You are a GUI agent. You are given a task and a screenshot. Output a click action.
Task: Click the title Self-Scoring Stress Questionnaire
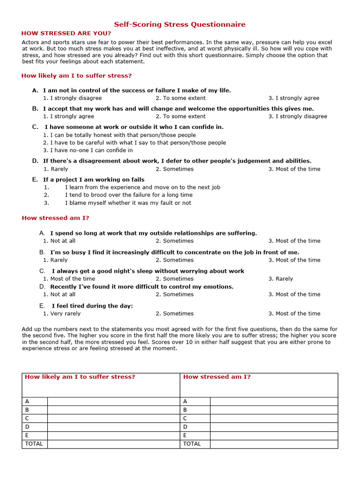pyautogui.click(x=180, y=24)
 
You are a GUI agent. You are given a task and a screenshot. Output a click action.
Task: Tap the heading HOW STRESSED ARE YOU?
pyautogui.click(x=67, y=33)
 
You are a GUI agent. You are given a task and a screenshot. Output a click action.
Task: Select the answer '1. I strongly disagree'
pyautogui.click(x=72, y=98)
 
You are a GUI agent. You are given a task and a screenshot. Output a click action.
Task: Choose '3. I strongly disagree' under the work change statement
pyautogui.click(x=298, y=116)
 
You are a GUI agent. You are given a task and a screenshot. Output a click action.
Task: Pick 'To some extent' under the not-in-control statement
pyautogui.click(x=180, y=98)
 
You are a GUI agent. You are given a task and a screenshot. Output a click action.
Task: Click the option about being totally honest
pyautogui.click(x=120, y=135)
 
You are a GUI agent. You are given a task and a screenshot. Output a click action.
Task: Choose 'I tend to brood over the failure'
pyautogui.click(x=128, y=195)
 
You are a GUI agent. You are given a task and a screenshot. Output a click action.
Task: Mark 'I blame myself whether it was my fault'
pyautogui.click(x=128, y=203)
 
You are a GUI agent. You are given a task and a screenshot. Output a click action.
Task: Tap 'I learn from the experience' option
pyautogui.click(x=142, y=187)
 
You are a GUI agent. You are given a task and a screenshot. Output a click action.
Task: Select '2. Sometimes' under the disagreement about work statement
pyautogui.click(x=174, y=169)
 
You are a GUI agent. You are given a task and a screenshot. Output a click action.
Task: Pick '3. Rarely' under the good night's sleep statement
pyautogui.click(x=280, y=278)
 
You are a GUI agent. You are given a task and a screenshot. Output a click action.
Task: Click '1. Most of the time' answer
pyautogui.click(x=69, y=278)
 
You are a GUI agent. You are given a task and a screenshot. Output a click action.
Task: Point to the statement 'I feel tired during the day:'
pyautogui.click(x=92, y=306)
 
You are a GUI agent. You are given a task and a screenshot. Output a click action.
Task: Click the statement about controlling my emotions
pyautogui.click(x=142, y=286)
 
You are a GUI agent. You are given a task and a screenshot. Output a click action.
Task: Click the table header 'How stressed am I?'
pyautogui.click(x=217, y=377)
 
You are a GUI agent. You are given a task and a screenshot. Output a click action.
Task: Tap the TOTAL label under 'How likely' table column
pyautogui.click(x=34, y=443)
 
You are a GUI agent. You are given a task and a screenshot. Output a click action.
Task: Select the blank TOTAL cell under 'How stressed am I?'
pyautogui.click(x=273, y=443)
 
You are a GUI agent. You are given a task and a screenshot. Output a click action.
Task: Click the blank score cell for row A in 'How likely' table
pyautogui.click(x=113, y=401)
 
